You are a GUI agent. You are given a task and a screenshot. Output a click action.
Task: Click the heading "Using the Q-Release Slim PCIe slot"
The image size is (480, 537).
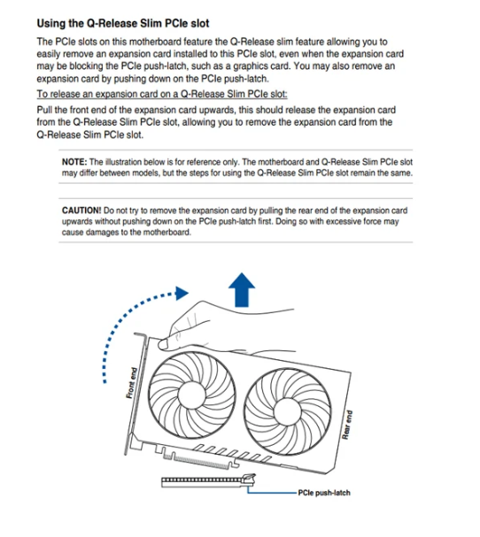[123, 23]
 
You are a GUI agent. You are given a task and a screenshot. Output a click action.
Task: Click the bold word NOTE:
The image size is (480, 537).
[74, 162]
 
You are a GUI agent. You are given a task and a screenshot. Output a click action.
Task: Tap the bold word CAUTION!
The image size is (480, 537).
[81, 211]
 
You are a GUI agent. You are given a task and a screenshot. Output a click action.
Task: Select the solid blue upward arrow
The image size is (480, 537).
[242, 290]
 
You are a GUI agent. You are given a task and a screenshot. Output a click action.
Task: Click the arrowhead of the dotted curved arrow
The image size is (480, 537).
[182, 293]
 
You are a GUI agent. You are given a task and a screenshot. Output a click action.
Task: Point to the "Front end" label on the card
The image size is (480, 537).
[132, 383]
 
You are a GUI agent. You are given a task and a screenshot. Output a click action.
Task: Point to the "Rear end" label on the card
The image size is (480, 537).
[347, 425]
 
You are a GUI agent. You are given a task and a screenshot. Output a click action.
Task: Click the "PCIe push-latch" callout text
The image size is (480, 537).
[324, 493]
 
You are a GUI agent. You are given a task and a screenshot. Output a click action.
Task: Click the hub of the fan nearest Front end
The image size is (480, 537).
[191, 395]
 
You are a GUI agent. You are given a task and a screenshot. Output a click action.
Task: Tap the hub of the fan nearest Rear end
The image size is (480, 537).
[287, 412]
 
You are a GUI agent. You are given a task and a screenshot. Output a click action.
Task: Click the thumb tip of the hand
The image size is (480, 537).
[163, 344]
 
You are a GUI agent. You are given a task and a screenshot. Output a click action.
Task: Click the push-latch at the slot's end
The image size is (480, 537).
[250, 479]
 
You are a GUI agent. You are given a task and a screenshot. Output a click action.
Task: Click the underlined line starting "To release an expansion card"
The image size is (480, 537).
[162, 94]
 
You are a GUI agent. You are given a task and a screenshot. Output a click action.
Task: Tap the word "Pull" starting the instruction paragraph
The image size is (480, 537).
[44, 110]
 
